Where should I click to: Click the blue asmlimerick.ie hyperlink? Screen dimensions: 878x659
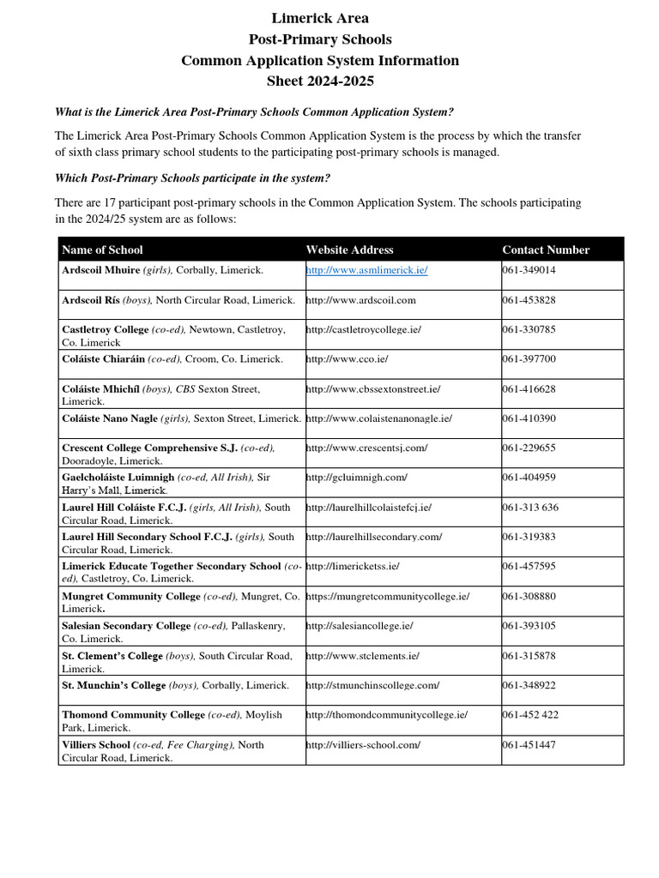click(366, 270)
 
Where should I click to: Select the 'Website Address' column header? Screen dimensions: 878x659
click(349, 250)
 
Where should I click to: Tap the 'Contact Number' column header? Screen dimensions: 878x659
click(546, 250)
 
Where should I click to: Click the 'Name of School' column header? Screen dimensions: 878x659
click(102, 250)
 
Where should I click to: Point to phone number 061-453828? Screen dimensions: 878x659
click(529, 300)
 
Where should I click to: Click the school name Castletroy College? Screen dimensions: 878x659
click(106, 329)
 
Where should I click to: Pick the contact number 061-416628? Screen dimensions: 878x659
click(529, 388)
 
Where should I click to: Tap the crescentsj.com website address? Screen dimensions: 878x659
click(366, 448)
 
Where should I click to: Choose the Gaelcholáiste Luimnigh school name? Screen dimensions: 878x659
click(118, 477)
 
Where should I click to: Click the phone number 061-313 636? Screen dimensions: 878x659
click(530, 507)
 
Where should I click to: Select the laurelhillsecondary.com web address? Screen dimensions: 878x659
click(373, 537)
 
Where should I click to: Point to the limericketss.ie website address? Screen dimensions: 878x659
click(353, 566)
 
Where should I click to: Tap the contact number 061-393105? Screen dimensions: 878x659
click(529, 625)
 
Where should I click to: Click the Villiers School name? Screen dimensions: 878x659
click(96, 744)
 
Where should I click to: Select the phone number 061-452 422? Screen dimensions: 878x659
click(530, 714)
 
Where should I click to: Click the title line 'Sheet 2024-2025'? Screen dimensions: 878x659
click(320, 81)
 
